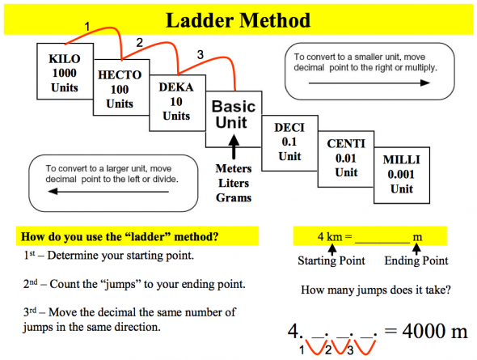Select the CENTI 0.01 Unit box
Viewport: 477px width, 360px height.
click(345, 158)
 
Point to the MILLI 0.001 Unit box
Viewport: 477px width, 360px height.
click(401, 173)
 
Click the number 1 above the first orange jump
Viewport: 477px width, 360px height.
click(87, 28)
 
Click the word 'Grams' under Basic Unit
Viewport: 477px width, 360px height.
click(233, 197)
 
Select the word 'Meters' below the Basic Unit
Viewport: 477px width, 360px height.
click(233, 169)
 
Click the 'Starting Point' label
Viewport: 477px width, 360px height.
click(331, 260)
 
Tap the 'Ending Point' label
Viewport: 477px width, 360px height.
click(416, 260)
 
